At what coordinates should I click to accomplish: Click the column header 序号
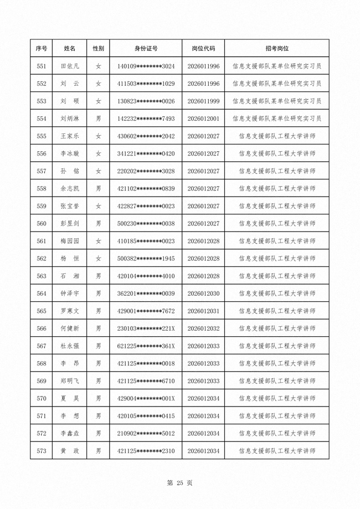[41, 49]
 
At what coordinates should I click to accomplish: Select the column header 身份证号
[146, 49]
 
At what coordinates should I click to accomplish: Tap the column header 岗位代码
[203, 49]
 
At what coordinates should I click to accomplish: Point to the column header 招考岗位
[277, 49]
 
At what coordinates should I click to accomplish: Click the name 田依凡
[70, 66]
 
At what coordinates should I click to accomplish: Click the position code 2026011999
[203, 101]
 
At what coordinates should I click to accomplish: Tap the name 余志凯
[70, 189]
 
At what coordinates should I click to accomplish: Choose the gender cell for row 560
[98, 224]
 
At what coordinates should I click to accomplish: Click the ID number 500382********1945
[146, 259]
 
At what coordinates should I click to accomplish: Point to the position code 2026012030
[203, 294]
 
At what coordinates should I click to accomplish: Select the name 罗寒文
[70, 311]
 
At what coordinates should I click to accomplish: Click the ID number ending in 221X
[146, 329]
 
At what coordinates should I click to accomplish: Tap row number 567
[41, 346]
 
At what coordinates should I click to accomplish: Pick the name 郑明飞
[70, 381]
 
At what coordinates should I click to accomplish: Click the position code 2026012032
[203, 329]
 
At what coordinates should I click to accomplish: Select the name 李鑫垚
[70, 434]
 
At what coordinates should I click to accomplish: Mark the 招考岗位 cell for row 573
[277, 451]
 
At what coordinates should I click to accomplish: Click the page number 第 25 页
[179, 483]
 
